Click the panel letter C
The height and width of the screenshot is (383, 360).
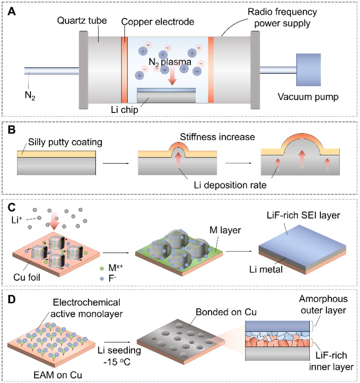point(13,206)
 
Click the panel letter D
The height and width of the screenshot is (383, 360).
point(13,294)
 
